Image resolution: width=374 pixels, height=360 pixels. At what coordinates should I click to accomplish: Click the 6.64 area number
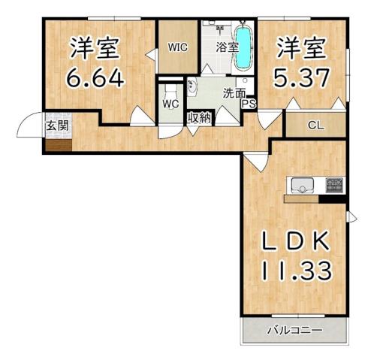tap(96, 77)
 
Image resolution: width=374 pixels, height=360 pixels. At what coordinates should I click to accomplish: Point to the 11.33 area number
tap(294, 268)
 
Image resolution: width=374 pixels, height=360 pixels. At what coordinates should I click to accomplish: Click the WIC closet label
tap(177, 47)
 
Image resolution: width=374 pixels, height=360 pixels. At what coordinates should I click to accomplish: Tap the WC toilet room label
tap(170, 104)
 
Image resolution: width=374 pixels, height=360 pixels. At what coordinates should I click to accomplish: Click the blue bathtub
tap(244, 47)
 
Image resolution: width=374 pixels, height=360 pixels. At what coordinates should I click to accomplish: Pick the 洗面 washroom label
tap(234, 95)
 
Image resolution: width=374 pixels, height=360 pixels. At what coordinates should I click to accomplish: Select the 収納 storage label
tap(199, 117)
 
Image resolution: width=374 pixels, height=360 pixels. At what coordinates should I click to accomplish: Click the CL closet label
tap(316, 126)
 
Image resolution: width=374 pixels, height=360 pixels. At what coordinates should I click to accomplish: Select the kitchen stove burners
tap(333, 184)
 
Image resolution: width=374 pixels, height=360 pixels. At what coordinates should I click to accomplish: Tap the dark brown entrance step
tap(57, 143)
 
